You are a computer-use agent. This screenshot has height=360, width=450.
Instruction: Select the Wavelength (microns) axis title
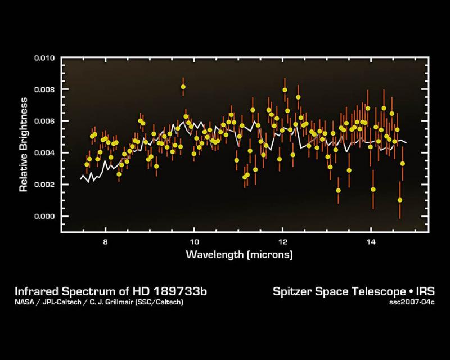(240, 255)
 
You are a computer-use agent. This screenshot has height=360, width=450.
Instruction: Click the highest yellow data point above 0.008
(183, 87)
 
